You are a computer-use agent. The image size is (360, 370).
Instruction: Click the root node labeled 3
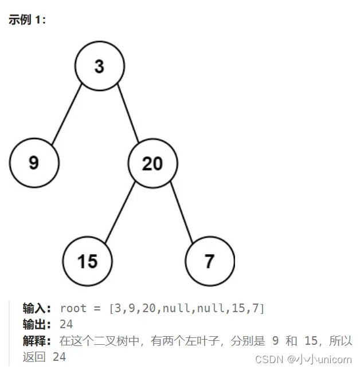point(99,66)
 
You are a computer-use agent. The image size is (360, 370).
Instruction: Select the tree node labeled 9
point(34,163)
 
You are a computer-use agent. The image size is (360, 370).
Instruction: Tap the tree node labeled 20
point(152,164)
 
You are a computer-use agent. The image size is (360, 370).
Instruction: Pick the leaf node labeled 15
point(87,261)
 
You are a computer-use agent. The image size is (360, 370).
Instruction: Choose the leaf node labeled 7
point(209,261)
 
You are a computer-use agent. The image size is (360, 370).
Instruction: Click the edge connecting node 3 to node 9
point(67,115)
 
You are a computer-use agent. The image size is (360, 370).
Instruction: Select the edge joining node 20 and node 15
point(119,212)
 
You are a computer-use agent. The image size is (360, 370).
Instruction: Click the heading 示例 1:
point(27,19)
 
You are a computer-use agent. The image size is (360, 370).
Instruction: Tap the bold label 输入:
point(38,308)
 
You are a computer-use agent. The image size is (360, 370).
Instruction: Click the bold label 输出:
point(38,324)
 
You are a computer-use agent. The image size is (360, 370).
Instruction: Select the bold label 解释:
point(38,341)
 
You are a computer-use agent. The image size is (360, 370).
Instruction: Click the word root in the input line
point(73,308)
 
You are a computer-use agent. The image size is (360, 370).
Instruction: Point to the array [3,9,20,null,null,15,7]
point(186,308)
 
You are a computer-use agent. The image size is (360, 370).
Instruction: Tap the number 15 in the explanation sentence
point(311,341)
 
